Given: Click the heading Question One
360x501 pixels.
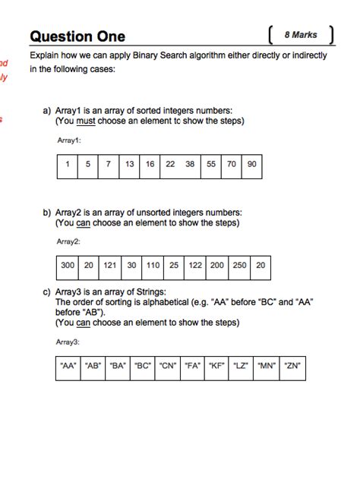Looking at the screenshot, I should pos(77,36).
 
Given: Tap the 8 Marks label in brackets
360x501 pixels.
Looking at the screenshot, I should pos(301,35).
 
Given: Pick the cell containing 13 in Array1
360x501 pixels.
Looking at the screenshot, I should pos(130,164).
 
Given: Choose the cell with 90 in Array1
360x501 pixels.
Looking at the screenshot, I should pos(251,164).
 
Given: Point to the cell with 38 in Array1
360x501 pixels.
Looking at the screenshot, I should pos(190,164).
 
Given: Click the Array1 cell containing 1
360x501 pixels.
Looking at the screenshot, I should pos(68,164).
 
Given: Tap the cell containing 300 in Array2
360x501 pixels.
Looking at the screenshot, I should pos(68,265).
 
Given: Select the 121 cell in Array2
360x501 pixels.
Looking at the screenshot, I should pos(110,265).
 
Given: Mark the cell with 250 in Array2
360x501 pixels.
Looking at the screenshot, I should pos(239,265).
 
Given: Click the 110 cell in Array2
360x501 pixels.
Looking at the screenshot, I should pos(153,265).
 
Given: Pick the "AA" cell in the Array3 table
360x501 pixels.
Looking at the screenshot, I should pos(68,366).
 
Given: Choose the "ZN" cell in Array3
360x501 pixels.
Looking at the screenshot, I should pos(292,366).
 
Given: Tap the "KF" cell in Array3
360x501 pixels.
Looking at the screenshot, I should pos(217,366).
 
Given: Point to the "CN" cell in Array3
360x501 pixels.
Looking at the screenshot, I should pos(168,366).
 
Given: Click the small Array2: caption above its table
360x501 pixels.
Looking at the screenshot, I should pos(68,241).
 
